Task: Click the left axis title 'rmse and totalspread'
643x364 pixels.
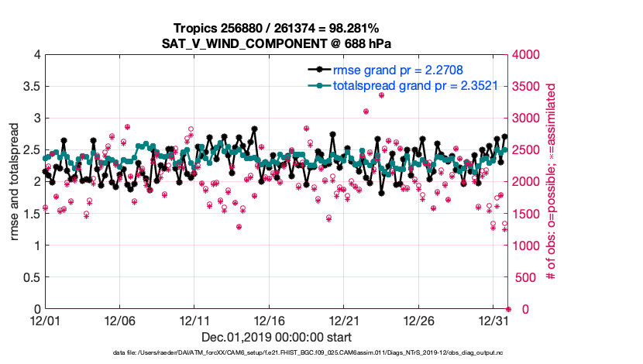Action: pyautogui.click(x=15, y=182)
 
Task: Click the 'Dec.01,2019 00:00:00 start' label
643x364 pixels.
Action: pyautogui.click(x=277, y=337)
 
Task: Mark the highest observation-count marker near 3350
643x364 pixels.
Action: pyautogui.click(x=381, y=95)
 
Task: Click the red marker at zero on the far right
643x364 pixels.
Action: pyautogui.click(x=508, y=309)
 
